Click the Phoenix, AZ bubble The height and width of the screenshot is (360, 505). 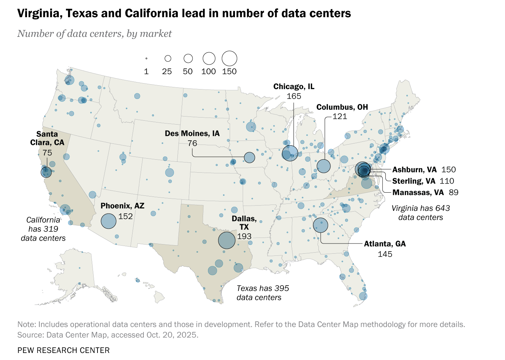point(108,221)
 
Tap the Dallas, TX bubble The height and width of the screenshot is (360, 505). point(227,240)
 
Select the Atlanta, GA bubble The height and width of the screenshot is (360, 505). point(320,225)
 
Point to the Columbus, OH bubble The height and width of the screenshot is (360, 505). point(323,166)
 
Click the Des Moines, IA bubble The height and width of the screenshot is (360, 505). point(249,157)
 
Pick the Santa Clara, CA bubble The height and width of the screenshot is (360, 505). point(46,172)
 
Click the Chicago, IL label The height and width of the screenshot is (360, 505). point(294,86)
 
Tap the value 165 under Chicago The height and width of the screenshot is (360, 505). point(294,96)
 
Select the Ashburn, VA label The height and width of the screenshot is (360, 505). point(414,170)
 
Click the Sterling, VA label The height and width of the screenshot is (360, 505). point(413,181)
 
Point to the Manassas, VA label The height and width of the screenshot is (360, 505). point(418,192)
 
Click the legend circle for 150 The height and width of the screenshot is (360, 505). point(229,58)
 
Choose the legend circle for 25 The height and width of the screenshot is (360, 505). point(168,58)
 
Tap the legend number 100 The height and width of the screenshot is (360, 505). point(208,72)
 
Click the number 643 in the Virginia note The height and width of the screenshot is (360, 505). point(443,208)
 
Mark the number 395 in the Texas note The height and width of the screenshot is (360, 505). point(282,288)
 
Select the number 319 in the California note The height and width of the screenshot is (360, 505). point(51,229)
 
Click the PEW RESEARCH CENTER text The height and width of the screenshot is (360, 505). point(63,350)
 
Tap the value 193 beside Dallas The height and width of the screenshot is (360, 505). point(244,236)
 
